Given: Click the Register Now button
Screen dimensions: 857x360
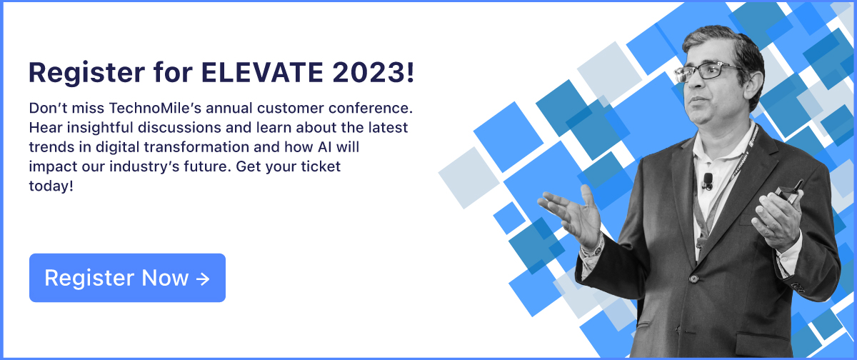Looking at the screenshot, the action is (x=127, y=278).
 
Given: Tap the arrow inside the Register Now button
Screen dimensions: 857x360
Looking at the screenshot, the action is (x=203, y=279).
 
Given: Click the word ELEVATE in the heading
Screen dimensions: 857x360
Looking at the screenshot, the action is (x=262, y=72).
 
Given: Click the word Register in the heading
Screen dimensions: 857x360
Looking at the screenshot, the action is (x=87, y=74).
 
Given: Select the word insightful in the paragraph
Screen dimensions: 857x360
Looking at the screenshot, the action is (x=100, y=128).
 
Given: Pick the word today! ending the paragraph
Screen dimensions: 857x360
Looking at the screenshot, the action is (x=51, y=186).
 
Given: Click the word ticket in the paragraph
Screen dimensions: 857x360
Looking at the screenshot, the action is (x=321, y=167).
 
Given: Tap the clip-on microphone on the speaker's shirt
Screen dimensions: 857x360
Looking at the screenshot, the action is (x=708, y=181).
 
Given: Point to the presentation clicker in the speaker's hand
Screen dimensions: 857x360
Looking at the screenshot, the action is (x=789, y=191).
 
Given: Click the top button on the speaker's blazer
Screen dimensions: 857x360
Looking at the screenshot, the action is (x=693, y=278).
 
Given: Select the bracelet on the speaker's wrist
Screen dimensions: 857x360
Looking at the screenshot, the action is (x=593, y=249).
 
